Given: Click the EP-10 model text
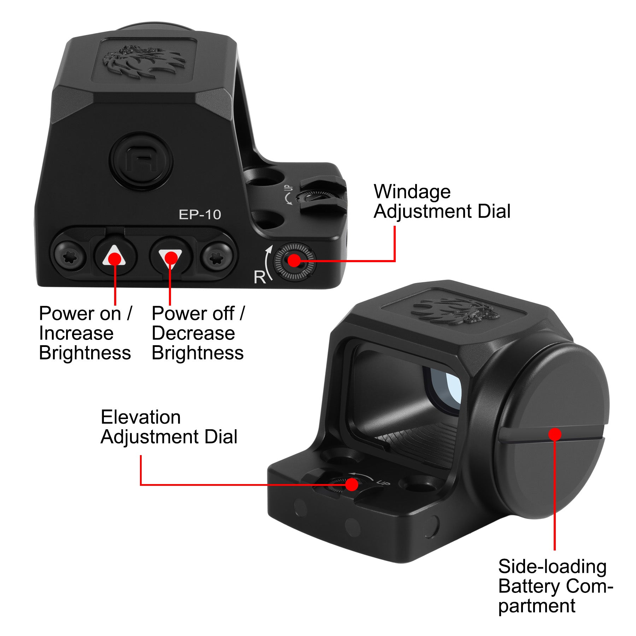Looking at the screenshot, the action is tap(200, 214).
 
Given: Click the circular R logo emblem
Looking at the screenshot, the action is tap(141, 161).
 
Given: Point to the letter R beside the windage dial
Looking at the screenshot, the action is tap(260, 277).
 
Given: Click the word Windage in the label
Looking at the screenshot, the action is tap(412, 192).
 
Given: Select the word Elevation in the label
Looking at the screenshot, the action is tap(141, 417).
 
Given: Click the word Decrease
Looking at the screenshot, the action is tap(193, 333).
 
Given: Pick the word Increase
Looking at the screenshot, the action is tap(76, 333).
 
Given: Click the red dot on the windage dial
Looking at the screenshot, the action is tap(294, 261).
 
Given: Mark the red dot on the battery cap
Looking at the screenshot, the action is tap(555, 434).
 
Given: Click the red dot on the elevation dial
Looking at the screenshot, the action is tap(352, 484).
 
